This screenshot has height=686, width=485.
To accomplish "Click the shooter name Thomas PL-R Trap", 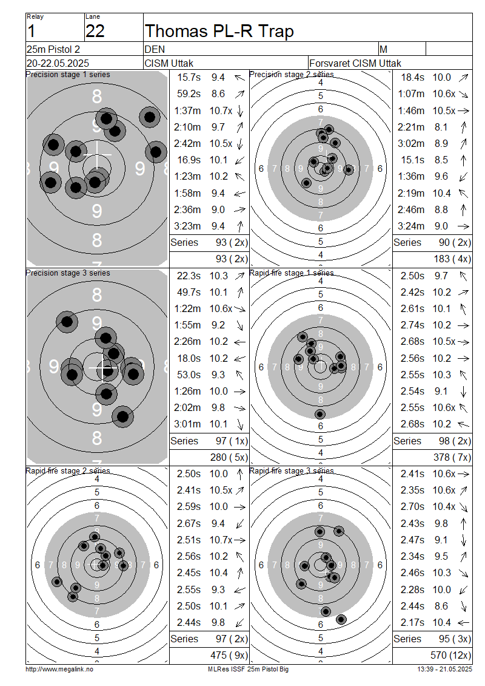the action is click(219, 31).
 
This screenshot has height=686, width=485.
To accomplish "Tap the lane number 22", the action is click(95, 32).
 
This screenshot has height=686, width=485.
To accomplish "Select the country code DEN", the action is click(155, 49).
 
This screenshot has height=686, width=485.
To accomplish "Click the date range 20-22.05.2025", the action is click(58, 63).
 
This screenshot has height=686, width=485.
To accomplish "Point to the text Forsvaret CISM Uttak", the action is click(355, 63).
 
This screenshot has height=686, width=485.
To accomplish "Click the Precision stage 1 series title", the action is click(68, 75).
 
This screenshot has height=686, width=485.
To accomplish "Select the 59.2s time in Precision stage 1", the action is click(189, 94).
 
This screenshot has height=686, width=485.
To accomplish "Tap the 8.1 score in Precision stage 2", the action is click(441, 127).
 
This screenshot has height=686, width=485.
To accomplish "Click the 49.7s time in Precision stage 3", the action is click(189, 292).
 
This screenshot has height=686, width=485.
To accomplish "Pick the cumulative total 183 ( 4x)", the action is click(452, 259).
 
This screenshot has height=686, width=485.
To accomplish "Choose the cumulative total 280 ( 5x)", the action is click(229, 458).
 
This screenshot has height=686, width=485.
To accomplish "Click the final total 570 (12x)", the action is click(450, 656).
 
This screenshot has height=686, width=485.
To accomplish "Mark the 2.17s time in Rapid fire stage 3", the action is click(412, 623).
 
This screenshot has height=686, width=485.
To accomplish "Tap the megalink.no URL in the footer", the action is click(59, 670).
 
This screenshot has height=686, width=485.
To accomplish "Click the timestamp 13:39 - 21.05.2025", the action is click(444, 670).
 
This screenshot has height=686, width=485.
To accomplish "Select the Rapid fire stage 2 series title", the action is click(68, 470).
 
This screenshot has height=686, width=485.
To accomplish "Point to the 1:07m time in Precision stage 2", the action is click(411, 94).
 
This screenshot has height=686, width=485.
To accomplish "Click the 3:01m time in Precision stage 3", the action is click(187, 424).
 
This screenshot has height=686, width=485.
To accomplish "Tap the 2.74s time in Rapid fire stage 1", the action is click(412, 325).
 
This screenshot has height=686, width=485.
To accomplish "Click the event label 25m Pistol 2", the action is click(53, 49).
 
